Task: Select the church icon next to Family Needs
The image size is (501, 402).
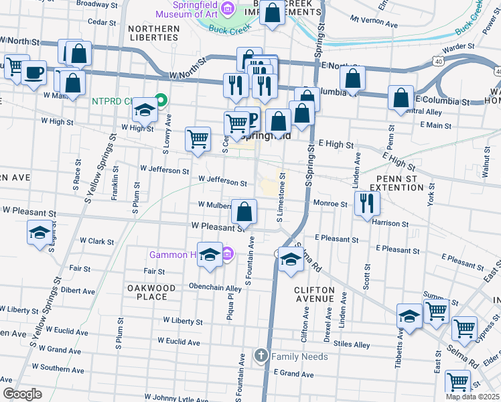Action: pos(262,355)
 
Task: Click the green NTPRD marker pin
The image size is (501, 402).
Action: pos(161,101)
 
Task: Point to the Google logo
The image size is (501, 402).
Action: pos(21,394)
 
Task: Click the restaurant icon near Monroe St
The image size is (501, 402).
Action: pos(366,203)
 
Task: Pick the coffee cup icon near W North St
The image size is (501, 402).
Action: pos(33,72)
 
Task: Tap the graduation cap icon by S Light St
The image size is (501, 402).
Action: pos(39,232)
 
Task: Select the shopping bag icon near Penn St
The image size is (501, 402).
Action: pos(401,98)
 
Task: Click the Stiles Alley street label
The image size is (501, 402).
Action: pos(353,345)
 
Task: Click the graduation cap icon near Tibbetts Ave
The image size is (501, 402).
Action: pos(409,315)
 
